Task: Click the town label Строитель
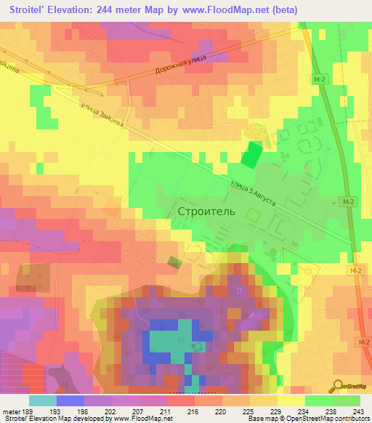[206, 211]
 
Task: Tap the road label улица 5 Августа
[251, 193]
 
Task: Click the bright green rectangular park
[251, 156]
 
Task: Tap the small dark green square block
[174, 262]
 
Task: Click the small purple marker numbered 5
[238, 291]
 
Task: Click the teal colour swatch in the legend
[43, 400]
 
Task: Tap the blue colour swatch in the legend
[70, 400]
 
